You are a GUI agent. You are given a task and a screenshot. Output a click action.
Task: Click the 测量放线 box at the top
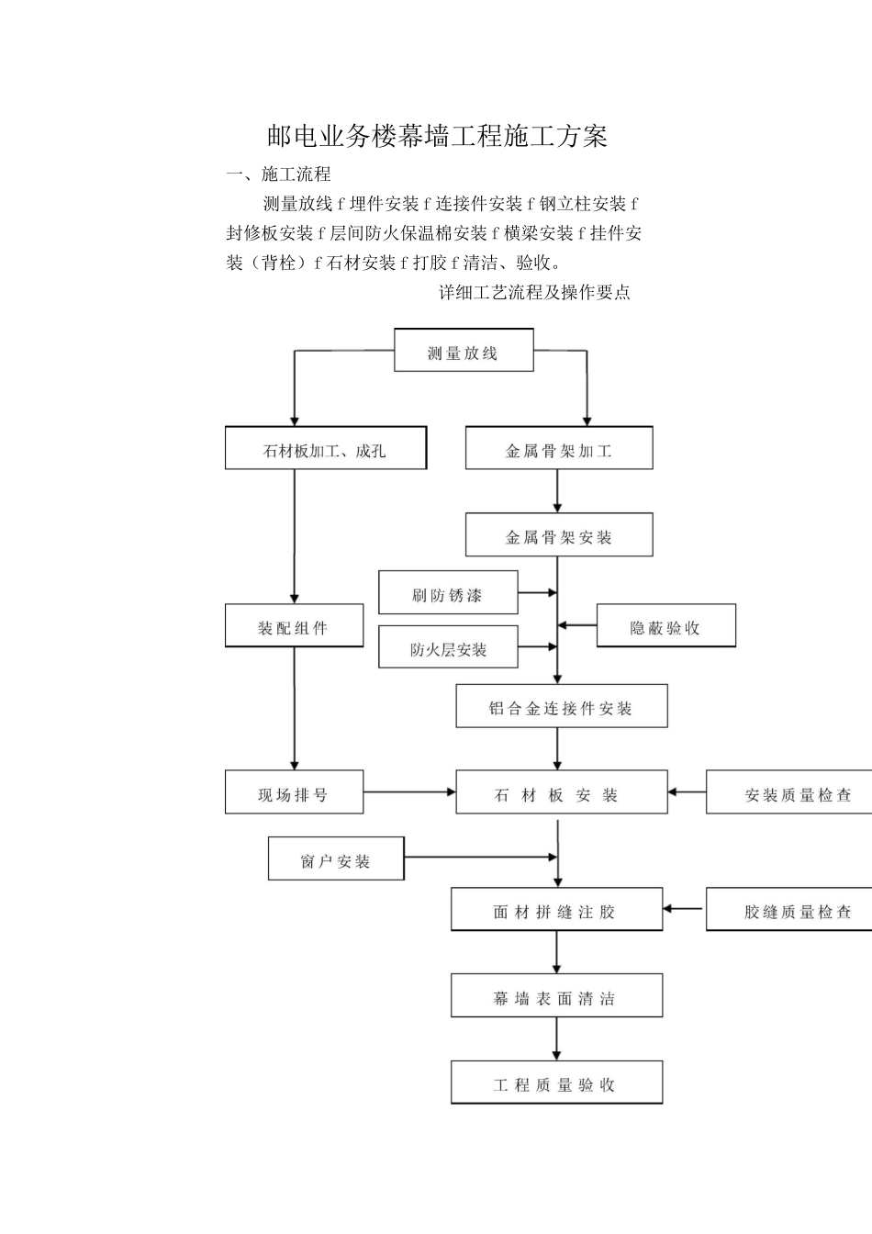[x=464, y=351]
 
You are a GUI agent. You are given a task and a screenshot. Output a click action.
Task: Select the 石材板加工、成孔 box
[x=326, y=448]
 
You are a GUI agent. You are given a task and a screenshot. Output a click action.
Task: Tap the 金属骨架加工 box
[x=559, y=448]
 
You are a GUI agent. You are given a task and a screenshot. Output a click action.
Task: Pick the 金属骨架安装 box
[x=559, y=534]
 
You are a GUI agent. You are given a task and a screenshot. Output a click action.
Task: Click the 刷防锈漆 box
[x=448, y=592]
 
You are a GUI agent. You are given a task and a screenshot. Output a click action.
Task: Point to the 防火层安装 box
[x=448, y=647]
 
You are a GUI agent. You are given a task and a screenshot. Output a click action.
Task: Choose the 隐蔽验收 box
[x=665, y=625]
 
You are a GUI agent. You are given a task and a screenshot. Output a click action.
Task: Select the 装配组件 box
[x=294, y=625]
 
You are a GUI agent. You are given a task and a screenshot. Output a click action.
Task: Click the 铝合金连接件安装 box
[x=561, y=706]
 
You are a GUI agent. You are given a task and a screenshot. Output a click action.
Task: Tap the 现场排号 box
[x=294, y=792]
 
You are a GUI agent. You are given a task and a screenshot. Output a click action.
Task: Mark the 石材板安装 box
[x=561, y=792]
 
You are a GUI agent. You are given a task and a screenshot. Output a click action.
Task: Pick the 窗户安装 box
[x=336, y=858]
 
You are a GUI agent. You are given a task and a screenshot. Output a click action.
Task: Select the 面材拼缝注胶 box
[x=556, y=909]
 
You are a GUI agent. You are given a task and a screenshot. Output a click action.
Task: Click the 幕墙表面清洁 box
[x=556, y=995]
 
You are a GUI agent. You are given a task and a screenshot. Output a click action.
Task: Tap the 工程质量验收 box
[x=556, y=1082]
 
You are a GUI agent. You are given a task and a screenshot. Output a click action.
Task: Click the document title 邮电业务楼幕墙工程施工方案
[x=437, y=137]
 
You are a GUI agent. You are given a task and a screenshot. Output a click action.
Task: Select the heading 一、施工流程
[x=279, y=174]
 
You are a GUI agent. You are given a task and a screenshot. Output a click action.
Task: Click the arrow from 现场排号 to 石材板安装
[x=409, y=791]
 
